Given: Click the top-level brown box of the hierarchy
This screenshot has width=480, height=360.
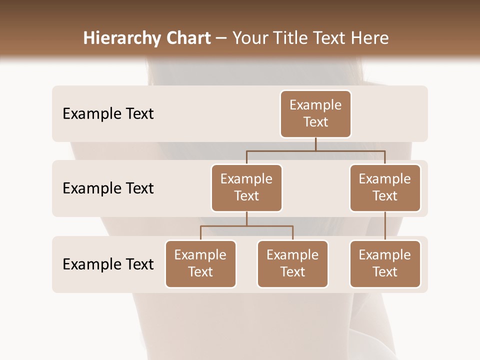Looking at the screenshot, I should (x=315, y=114).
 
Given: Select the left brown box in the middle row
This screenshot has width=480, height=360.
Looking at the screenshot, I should (x=246, y=188).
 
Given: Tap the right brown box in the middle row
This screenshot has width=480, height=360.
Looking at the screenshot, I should (x=385, y=188).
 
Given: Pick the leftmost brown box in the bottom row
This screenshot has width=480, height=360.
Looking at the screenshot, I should (x=200, y=264).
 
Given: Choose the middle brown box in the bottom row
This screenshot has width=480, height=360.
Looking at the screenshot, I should (x=292, y=264).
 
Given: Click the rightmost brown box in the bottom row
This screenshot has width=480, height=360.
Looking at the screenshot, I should (x=385, y=264).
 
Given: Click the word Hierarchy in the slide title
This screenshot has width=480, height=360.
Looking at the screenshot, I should (x=120, y=38).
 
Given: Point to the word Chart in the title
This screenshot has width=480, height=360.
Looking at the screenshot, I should (x=187, y=38).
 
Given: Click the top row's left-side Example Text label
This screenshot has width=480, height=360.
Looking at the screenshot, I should (x=108, y=114).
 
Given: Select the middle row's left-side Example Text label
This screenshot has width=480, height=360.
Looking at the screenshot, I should (x=108, y=188).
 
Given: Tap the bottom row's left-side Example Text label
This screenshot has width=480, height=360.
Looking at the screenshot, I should (x=108, y=264).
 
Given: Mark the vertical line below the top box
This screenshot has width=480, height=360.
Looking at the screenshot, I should (x=315, y=144).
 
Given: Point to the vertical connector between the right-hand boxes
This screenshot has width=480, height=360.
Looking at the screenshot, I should (x=385, y=226).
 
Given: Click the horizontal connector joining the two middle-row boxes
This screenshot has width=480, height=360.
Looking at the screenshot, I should (x=315, y=150).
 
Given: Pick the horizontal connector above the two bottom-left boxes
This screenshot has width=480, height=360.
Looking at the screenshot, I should (x=246, y=226).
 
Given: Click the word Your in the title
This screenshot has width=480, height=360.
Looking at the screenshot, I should (x=249, y=38).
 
